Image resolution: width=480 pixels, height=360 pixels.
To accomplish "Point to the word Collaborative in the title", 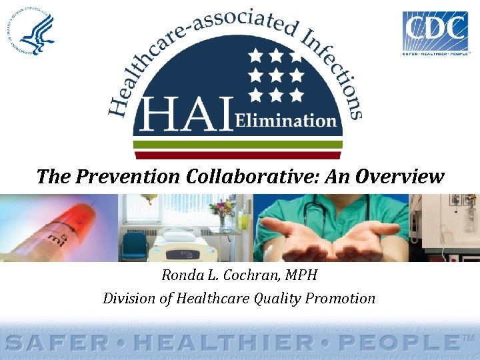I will [250, 177].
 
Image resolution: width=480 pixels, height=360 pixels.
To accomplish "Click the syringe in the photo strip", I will [53, 227].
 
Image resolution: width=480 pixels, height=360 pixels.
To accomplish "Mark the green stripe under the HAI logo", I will [238, 144].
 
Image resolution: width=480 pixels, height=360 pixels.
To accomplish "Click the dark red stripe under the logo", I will [238, 155].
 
